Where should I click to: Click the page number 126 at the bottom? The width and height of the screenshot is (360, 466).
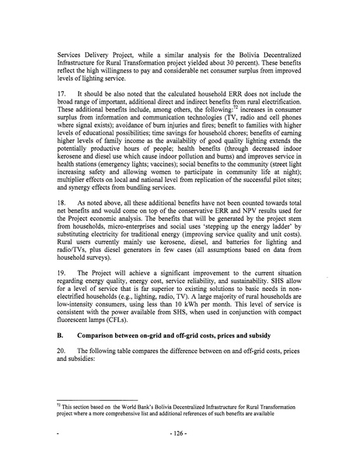[x=180, y=450]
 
